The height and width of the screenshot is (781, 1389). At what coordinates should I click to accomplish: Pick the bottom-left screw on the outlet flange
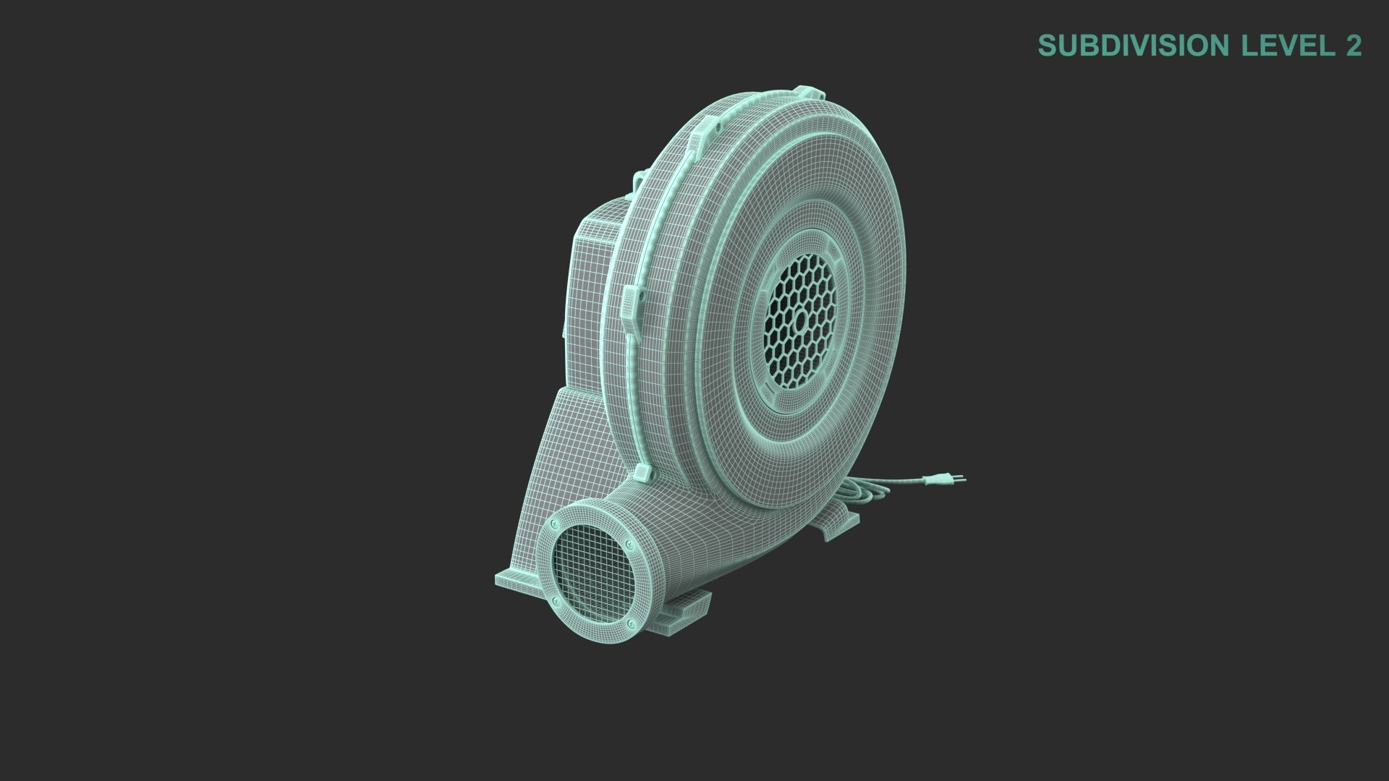click(556, 601)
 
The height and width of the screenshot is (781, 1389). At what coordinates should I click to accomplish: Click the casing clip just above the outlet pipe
click(642, 474)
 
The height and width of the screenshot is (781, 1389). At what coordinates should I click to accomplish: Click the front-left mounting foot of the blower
click(517, 580)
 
